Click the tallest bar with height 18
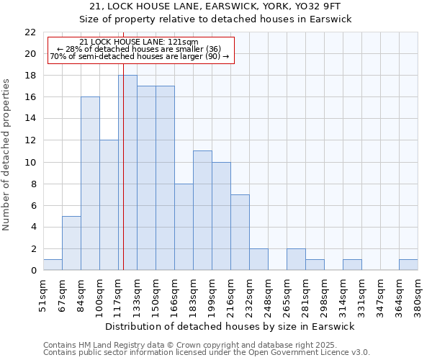pos(127,173)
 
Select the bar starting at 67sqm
pos(71,243)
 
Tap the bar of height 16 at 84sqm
pos(90,184)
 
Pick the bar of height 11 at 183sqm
pos(202,210)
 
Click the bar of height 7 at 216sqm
pos(240,233)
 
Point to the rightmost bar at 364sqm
pos(408,265)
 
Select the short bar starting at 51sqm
pos(53,265)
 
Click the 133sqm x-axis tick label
pos(138,292)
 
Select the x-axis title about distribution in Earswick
pos(230,326)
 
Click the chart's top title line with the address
pos(215,6)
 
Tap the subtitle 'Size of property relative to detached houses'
pos(215,19)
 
